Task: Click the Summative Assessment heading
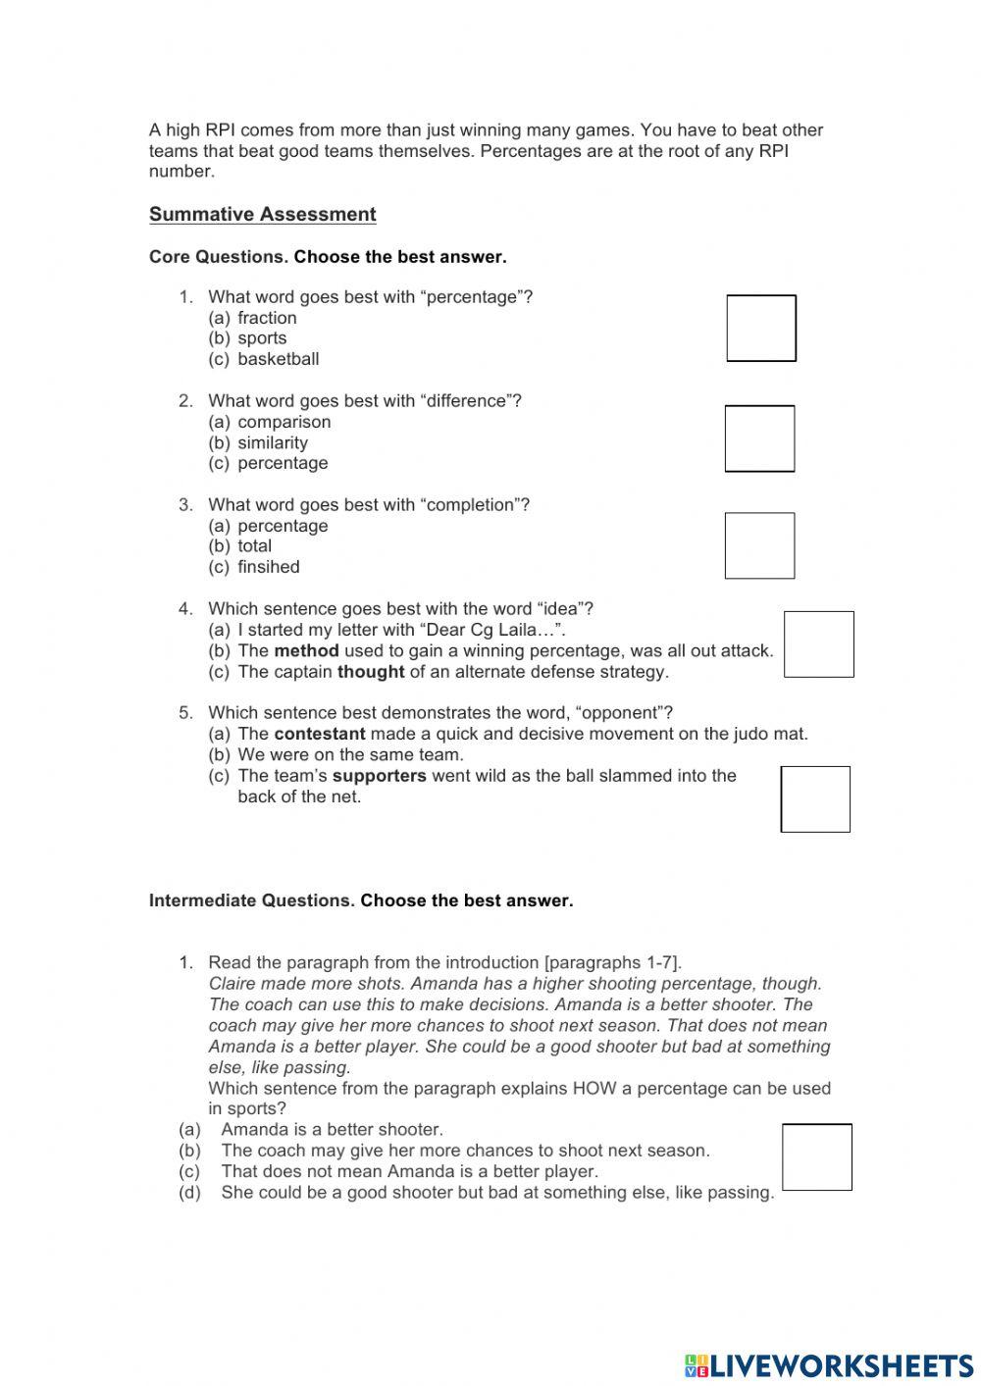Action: point(262,215)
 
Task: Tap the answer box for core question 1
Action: point(760,328)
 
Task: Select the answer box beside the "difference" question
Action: point(759,438)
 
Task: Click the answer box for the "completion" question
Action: point(759,545)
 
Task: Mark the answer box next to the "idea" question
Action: point(818,644)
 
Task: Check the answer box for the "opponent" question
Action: point(815,798)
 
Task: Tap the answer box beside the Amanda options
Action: point(816,1157)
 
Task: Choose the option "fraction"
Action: point(267,318)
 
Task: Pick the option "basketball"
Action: point(278,359)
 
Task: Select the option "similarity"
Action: point(273,442)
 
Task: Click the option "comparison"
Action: point(284,422)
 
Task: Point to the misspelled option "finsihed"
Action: point(269,567)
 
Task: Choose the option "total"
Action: point(254,546)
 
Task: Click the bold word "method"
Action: point(306,650)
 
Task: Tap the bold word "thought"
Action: point(371,672)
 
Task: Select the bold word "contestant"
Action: point(319,734)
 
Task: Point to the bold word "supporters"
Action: point(379,776)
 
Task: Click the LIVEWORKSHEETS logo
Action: point(829,1365)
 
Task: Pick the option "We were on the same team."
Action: point(350,755)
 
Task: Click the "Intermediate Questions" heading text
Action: point(251,900)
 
